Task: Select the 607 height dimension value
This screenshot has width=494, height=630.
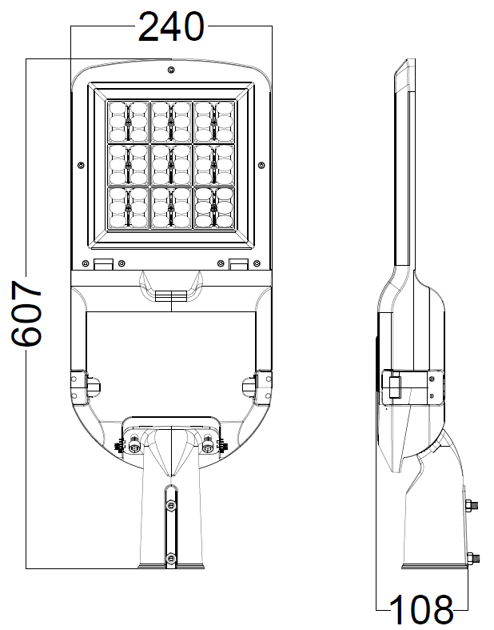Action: click(x=28, y=313)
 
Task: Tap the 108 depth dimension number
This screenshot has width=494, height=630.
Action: click(x=421, y=611)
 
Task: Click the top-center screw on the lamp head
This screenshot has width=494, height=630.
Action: click(x=171, y=70)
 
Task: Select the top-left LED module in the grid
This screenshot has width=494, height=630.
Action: click(x=128, y=121)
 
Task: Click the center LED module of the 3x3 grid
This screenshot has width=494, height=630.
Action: click(x=171, y=164)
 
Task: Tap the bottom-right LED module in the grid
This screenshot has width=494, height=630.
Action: click(x=213, y=207)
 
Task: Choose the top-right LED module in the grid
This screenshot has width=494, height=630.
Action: click(x=213, y=121)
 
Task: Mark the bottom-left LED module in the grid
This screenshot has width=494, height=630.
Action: click(x=128, y=207)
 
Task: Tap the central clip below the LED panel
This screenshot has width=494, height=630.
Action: click(x=171, y=296)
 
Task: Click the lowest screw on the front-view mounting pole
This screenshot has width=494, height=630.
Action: click(x=170, y=558)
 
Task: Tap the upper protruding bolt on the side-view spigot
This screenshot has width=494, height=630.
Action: click(x=472, y=505)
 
